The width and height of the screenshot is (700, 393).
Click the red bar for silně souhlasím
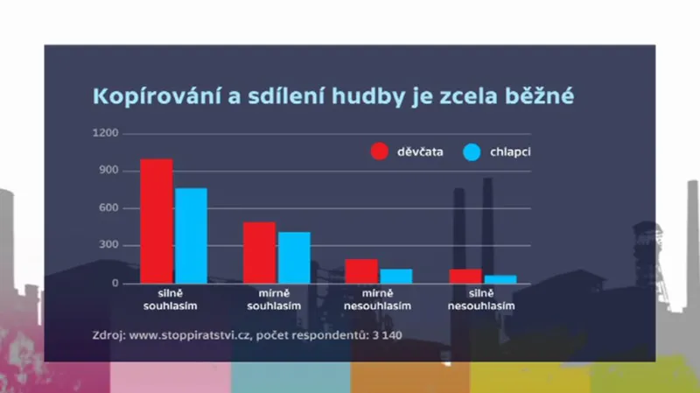pyautogui.click(x=157, y=221)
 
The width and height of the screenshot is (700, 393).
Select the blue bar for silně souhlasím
pyautogui.click(x=191, y=235)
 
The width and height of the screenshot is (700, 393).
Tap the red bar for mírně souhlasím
pyautogui.click(x=259, y=252)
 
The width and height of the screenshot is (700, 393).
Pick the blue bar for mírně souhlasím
pyautogui.click(x=294, y=257)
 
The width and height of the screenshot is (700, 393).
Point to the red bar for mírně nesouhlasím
pyautogui.click(x=361, y=270)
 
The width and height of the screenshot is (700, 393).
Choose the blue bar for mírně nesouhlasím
pyautogui.click(x=395, y=276)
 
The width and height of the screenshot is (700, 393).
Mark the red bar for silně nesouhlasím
pyautogui.click(x=465, y=276)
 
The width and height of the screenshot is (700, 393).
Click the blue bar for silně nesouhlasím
pyautogui.click(x=500, y=279)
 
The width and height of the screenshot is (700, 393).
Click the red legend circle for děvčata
pyautogui.click(x=380, y=151)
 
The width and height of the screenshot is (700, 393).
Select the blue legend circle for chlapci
pyautogui.click(x=473, y=151)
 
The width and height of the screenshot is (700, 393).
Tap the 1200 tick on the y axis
pyautogui.click(x=108, y=133)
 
